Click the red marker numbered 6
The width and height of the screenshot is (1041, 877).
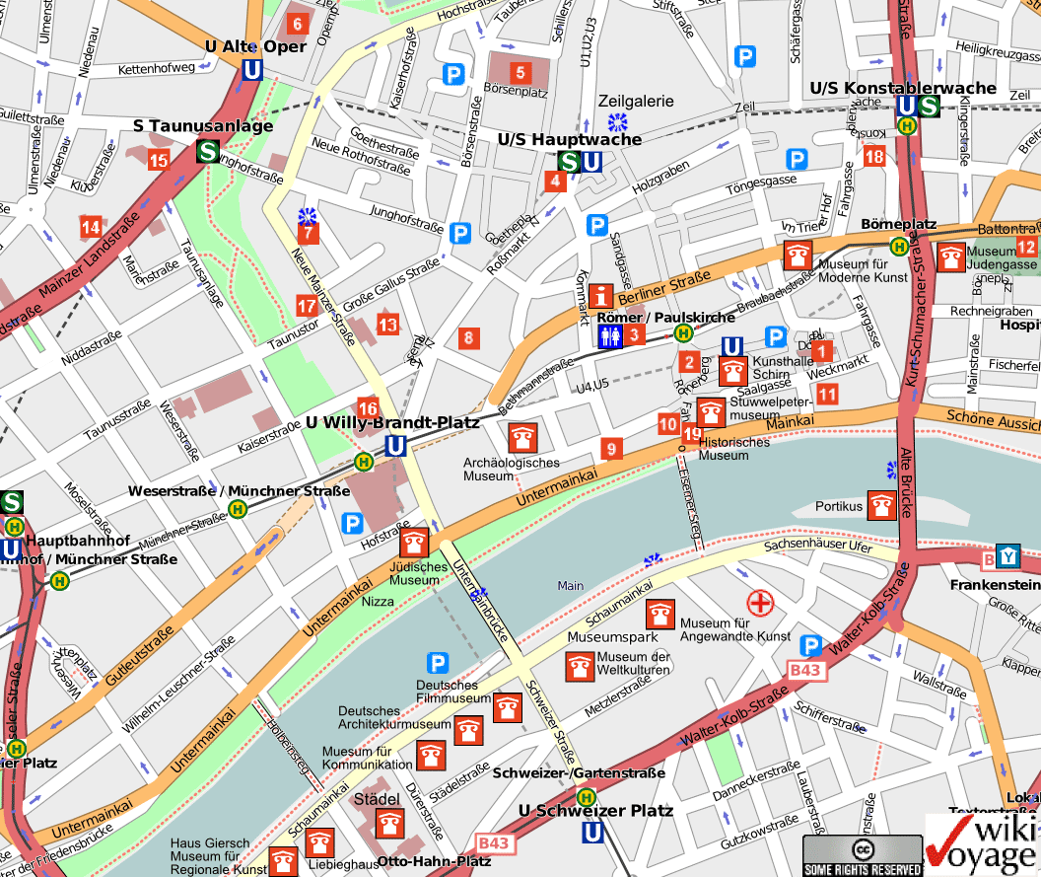click(x=297, y=23)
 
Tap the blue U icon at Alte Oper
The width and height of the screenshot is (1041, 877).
click(x=252, y=70)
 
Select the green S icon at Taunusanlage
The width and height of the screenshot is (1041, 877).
click(x=208, y=151)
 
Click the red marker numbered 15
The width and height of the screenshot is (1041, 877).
click(x=159, y=160)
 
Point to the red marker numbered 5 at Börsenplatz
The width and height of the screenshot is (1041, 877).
click(x=520, y=72)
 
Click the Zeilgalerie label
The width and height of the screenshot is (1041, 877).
click(x=636, y=101)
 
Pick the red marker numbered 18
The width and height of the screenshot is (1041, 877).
click(x=873, y=156)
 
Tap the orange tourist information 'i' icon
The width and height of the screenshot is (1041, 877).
click(x=602, y=295)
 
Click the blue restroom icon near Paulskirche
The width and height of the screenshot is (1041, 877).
click(x=610, y=336)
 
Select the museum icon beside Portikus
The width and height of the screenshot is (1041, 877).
click(x=881, y=505)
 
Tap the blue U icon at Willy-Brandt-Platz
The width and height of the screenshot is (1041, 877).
click(x=396, y=446)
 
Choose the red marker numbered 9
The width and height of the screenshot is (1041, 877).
click(x=611, y=450)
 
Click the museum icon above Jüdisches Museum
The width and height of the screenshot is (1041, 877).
click(x=414, y=543)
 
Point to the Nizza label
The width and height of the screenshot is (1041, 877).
click(x=378, y=601)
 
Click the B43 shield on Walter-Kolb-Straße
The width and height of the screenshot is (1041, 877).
click(x=805, y=671)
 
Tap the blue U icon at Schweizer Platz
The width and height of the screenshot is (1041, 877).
click(x=592, y=834)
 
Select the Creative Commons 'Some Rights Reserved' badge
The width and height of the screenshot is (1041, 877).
click(x=863, y=855)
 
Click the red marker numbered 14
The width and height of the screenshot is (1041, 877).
click(x=92, y=227)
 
